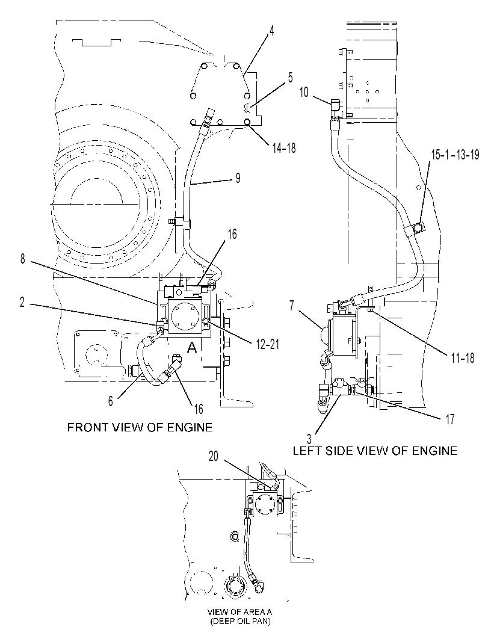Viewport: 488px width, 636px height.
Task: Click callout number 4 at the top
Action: [x=272, y=31]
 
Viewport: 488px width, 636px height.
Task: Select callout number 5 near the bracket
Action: [x=291, y=78]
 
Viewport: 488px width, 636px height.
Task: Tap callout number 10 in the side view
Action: [x=304, y=92]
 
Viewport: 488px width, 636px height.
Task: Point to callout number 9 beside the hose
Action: [x=238, y=178]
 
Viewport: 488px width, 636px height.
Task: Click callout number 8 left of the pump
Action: [x=23, y=258]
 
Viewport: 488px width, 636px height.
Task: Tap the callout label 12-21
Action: [x=267, y=345]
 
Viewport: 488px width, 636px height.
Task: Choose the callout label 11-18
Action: [x=462, y=358]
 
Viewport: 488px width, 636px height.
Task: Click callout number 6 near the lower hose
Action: [x=111, y=401]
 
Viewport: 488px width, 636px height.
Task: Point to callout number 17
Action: [x=450, y=419]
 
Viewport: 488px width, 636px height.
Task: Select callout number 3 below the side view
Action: [x=309, y=439]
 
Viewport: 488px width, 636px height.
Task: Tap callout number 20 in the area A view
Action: [x=214, y=456]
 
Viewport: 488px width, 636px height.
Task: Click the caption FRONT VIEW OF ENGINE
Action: [x=140, y=427]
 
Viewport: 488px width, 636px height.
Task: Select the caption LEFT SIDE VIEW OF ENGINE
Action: [x=375, y=450]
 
